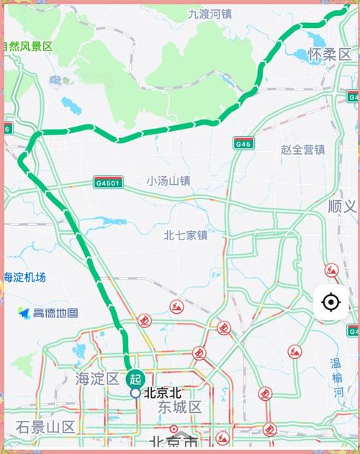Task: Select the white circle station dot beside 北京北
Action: tap(135, 393)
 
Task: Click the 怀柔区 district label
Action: tap(330, 54)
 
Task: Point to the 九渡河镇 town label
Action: tap(210, 14)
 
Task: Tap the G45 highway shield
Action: tap(243, 144)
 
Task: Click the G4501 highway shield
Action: tap(108, 182)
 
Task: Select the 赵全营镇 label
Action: tap(302, 150)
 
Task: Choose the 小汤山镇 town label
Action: tap(168, 181)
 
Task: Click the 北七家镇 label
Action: tap(186, 235)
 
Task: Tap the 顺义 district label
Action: tap(341, 206)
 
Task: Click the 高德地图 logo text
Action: tap(56, 313)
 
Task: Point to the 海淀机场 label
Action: tap(24, 277)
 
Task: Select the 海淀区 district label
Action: tap(97, 378)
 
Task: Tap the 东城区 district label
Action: tap(180, 407)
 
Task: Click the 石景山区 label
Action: tap(46, 427)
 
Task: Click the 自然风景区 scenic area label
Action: tap(27, 46)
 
